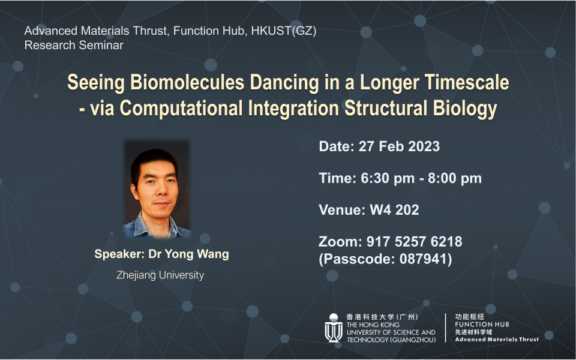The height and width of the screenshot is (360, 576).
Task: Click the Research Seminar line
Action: click(x=74, y=45)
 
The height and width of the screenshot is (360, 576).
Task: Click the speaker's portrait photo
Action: click(x=157, y=190)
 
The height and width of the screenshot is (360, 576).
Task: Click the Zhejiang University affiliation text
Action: click(x=160, y=275)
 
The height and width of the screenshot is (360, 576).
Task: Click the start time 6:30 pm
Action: click(x=386, y=178)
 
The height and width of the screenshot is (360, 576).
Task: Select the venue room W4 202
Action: click(x=394, y=210)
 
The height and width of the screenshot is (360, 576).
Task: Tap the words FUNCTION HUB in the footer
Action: click(x=482, y=324)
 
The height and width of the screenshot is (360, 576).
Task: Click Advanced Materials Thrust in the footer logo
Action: click(x=497, y=340)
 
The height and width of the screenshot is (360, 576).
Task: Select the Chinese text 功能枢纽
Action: click(x=470, y=316)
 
